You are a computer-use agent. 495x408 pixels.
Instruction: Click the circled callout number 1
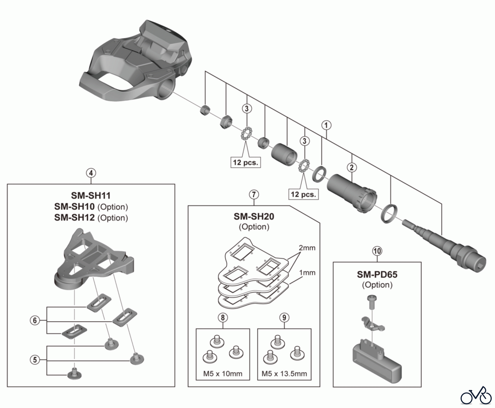point(326,125)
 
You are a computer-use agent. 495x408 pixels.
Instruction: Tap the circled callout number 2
point(352,167)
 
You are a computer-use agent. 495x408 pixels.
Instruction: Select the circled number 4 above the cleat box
point(91,173)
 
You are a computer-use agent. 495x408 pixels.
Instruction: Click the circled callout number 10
point(377,251)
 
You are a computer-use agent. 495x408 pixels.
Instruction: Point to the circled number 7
point(254,195)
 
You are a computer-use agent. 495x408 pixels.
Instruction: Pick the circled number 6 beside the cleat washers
point(35,321)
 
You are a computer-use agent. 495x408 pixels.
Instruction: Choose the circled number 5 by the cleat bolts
point(35,360)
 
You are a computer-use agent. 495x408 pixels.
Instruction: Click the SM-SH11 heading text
point(91,196)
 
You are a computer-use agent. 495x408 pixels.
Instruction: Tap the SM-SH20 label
point(254,217)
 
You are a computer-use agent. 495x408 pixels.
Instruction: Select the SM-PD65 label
point(377,274)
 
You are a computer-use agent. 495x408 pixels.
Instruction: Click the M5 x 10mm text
point(223,374)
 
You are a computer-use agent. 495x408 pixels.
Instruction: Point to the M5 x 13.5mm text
point(284,374)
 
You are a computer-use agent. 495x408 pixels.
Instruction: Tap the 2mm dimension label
point(307,248)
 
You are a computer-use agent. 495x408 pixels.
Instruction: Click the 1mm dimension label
point(307,273)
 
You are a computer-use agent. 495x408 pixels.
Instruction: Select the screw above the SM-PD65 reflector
point(372,302)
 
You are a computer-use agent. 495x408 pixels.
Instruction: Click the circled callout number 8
point(222,318)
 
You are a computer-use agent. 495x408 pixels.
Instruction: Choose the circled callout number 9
point(284,318)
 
